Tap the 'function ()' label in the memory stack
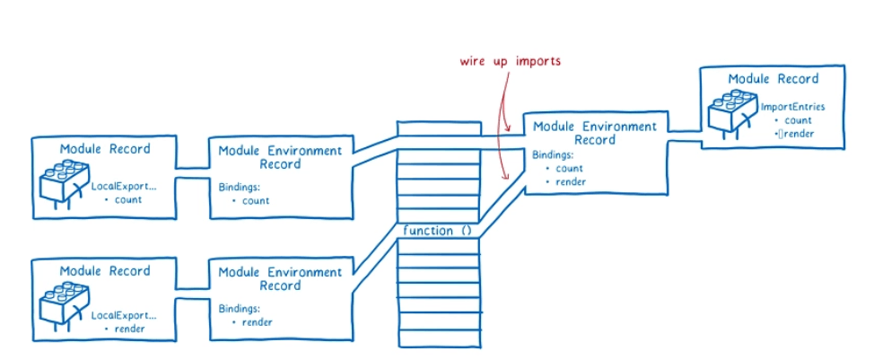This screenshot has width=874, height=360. coord(438,231)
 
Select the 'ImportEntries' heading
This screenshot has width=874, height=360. coord(792,107)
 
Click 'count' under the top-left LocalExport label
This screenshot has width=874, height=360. coord(129,199)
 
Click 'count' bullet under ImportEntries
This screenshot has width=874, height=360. coord(797,120)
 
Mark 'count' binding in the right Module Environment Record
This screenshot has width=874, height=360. coord(569,169)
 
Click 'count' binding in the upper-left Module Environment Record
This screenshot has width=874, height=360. coord(255,201)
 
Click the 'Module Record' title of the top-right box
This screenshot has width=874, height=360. coord(773,79)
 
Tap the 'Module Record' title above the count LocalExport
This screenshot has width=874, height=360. coord(105,148)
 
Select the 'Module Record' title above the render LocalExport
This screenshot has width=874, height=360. coord(105,271)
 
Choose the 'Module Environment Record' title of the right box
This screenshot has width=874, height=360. coord(594,133)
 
